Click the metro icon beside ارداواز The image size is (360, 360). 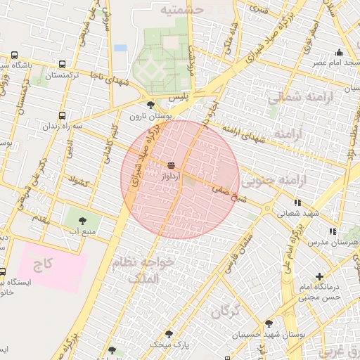[x=171, y=167]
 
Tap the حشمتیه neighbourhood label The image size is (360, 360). [x=181, y=10]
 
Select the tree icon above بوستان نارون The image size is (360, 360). [x=150, y=105]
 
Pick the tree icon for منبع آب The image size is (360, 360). [x=83, y=219]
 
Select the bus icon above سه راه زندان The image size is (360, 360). [x=62, y=115]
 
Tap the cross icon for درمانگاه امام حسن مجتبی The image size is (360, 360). [x=319, y=276]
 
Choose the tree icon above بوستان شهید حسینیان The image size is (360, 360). [x=269, y=324]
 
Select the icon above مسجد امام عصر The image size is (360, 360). [x=339, y=52]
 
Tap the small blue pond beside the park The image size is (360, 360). [x=120, y=48]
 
